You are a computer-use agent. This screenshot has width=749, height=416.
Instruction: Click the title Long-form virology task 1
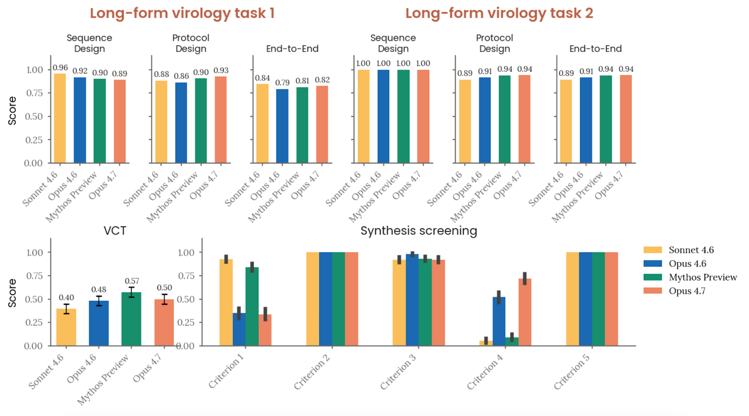(x=182, y=13)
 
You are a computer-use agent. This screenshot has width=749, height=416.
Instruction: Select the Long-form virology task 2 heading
(x=499, y=13)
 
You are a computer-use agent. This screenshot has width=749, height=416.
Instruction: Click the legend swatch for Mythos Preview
(x=653, y=277)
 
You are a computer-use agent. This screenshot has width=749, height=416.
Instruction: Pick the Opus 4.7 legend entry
(x=687, y=291)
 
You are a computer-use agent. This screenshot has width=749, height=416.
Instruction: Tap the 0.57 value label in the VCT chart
(x=132, y=281)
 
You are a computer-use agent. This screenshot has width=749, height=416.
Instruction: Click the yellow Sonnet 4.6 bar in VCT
(x=66, y=327)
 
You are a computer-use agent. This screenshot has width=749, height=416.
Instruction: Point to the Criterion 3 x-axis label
(x=398, y=372)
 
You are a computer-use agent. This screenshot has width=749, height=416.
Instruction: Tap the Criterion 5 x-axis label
(x=572, y=372)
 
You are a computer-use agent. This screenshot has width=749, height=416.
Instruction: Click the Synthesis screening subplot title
(x=419, y=231)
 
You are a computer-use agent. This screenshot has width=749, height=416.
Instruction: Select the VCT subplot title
(x=115, y=231)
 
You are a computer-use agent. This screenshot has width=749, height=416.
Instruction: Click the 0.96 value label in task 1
(x=60, y=68)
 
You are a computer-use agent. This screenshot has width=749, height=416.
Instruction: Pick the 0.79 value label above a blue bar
(x=282, y=83)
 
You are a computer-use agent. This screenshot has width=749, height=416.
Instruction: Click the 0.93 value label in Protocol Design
(x=221, y=71)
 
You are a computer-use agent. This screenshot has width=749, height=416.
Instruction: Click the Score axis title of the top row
(x=12, y=111)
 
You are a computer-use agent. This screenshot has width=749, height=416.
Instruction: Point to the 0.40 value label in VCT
(x=66, y=298)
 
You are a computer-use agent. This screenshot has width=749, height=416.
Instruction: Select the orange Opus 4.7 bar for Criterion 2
(x=352, y=299)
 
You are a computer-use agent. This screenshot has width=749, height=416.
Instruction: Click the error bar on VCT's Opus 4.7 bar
(x=164, y=299)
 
